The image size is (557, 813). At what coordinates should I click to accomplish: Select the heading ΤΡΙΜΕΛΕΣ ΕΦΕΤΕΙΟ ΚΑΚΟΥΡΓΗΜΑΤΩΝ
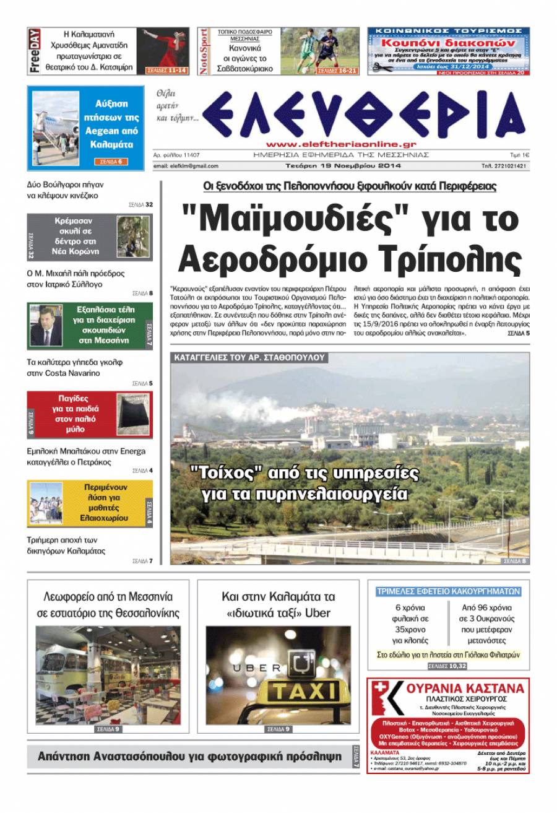[448, 591]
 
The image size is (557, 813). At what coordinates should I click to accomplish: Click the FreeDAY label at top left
[35, 51]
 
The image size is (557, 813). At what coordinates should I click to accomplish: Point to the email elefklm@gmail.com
[186, 166]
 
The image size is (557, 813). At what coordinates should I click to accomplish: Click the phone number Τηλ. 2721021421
[504, 166]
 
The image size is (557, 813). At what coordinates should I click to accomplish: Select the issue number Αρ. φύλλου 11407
[180, 155]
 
